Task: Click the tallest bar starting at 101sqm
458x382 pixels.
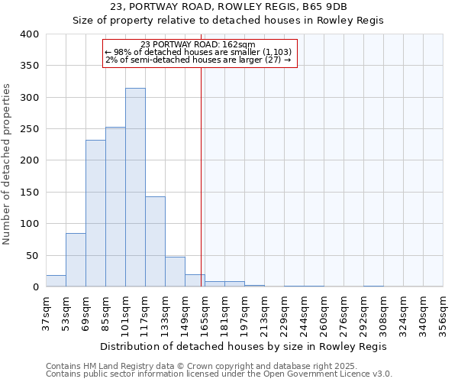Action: [135, 187]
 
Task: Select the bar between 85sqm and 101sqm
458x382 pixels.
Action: [115, 206]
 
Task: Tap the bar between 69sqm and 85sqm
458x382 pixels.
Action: [95, 213]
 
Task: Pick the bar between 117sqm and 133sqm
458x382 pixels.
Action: [155, 241]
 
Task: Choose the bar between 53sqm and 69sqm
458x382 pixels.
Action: [76, 260]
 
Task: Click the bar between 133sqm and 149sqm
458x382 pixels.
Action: [175, 272]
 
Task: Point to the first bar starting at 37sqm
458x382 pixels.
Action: [56, 281]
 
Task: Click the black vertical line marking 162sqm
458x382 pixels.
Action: [201, 176]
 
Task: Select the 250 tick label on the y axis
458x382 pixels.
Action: [29, 129]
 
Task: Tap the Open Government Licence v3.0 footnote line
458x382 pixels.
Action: [219, 374]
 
